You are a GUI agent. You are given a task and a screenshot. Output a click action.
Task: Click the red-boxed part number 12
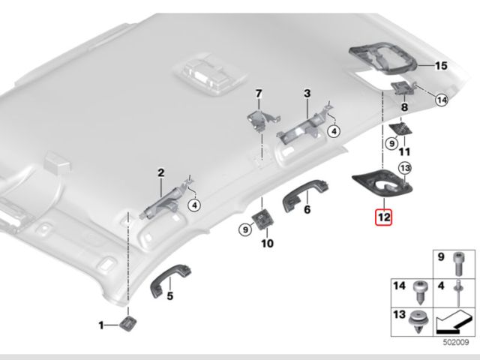[384, 217]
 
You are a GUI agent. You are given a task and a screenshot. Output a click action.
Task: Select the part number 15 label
[441, 65]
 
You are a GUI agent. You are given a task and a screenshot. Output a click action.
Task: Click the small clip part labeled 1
[127, 324]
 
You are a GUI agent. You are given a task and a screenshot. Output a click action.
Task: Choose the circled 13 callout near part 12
[405, 168]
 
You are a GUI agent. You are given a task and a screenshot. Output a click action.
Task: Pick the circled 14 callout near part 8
[442, 100]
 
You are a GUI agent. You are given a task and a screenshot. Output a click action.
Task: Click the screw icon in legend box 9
[457, 263]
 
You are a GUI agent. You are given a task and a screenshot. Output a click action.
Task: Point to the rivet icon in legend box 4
[458, 293]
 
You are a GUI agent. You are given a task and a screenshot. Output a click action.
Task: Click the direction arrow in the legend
[452, 322]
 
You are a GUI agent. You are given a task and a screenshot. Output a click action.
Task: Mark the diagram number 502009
[456, 342]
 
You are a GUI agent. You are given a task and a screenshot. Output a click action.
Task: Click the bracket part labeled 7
[262, 118]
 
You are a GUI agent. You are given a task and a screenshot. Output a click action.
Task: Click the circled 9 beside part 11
[391, 143]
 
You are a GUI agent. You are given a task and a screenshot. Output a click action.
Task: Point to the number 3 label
[307, 94]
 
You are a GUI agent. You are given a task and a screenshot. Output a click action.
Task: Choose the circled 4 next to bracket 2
[194, 205]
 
